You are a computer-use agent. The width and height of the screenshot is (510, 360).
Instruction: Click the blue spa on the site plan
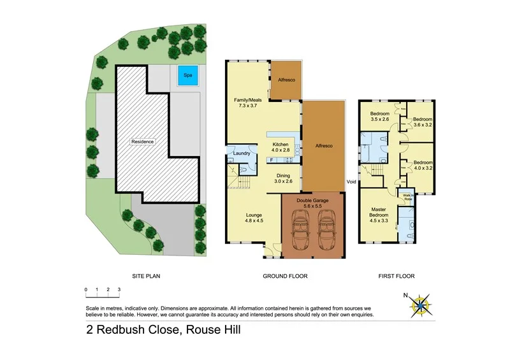click(x=187, y=75)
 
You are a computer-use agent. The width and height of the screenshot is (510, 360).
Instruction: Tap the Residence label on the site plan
click(x=143, y=141)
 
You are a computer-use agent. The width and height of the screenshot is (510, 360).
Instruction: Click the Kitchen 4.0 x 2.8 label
click(x=281, y=148)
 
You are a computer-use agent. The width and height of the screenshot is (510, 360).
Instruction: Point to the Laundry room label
click(x=241, y=153)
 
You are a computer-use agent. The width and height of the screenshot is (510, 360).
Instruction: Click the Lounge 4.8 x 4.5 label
click(x=254, y=218)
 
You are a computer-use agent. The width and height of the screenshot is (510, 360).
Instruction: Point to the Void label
click(x=351, y=182)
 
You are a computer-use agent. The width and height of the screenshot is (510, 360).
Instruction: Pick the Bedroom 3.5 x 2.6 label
click(x=380, y=116)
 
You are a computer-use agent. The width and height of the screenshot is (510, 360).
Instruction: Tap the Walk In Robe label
click(x=406, y=197)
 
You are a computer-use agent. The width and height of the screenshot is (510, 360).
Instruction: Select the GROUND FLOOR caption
click(x=286, y=277)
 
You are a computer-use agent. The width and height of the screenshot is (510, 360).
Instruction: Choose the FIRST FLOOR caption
click(x=396, y=277)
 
